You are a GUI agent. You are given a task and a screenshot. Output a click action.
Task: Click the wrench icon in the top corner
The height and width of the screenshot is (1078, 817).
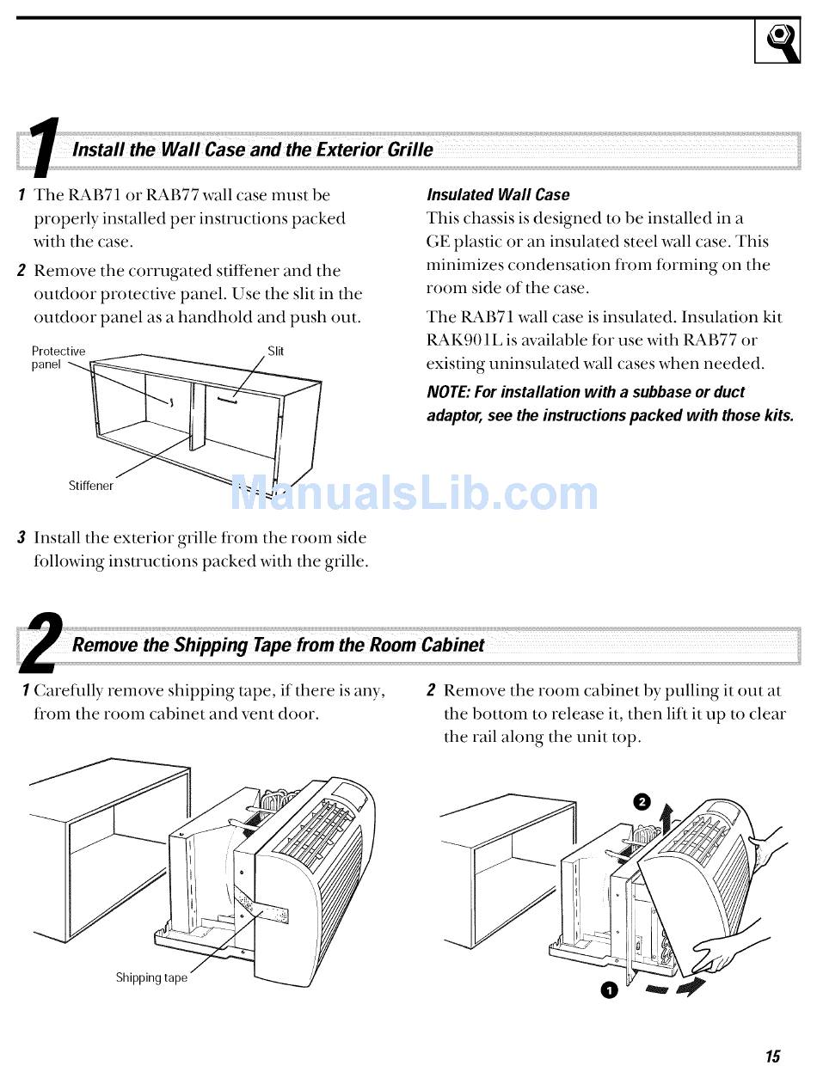(x=777, y=40)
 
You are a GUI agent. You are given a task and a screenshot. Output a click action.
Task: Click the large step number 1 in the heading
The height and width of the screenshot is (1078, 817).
(x=43, y=148)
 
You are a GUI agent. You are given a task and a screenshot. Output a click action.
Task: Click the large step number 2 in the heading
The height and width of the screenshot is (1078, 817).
(x=42, y=643)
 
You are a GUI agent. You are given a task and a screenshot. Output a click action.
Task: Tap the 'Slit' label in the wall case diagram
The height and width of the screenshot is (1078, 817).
(x=275, y=351)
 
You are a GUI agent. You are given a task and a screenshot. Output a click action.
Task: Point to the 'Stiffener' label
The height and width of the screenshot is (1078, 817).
(x=91, y=485)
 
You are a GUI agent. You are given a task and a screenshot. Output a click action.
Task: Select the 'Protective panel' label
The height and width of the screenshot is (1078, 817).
(x=58, y=358)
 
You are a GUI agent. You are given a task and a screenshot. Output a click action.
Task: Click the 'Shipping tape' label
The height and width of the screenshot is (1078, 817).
(x=151, y=977)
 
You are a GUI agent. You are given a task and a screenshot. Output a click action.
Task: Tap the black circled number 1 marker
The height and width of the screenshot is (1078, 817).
(x=609, y=991)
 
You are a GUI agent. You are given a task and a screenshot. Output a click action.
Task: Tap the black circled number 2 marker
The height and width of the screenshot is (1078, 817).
(x=642, y=803)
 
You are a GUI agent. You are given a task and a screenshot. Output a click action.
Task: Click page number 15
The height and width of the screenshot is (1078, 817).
(x=772, y=1056)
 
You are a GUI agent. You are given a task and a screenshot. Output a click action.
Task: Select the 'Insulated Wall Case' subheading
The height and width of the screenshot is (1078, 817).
(x=498, y=194)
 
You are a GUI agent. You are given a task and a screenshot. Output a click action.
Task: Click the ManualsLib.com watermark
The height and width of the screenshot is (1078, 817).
(x=414, y=493)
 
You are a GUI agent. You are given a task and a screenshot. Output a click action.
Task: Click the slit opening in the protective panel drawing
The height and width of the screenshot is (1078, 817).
(x=227, y=401)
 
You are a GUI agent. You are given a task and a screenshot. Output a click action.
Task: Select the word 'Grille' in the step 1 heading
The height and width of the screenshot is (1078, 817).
(x=410, y=150)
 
